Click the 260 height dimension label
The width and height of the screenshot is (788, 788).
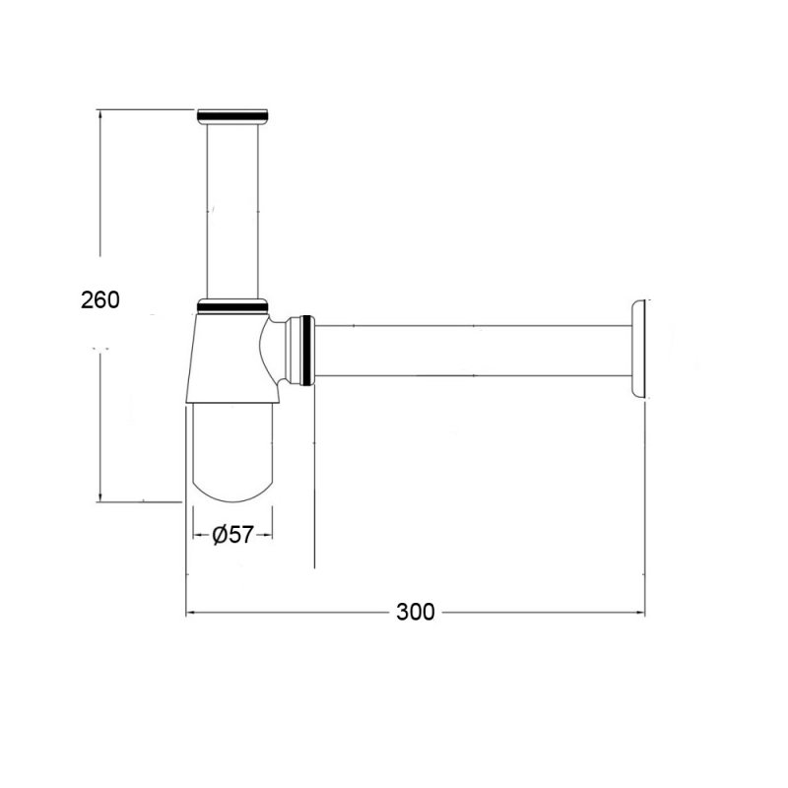(x=100, y=299)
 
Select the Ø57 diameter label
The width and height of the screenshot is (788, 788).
(x=232, y=535)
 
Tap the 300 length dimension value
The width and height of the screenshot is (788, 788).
(x=416, y=612)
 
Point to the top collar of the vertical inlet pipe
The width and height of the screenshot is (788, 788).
(x=232, y=116)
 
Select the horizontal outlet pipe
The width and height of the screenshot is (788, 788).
(x=473, y=351)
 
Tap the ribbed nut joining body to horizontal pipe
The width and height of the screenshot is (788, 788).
(x=306, y=350)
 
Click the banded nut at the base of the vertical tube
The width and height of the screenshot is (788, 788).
(x=232, y=305)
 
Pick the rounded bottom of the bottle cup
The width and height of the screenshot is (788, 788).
(x=232, y=473)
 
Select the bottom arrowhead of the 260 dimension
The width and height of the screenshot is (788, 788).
(x=98, y=496)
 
